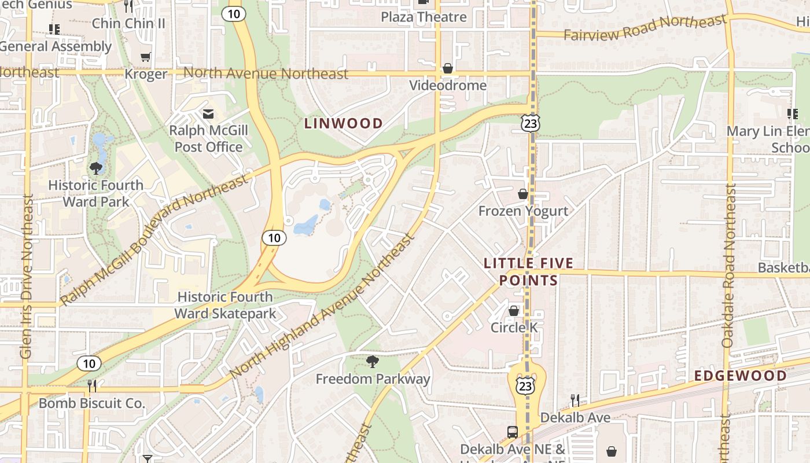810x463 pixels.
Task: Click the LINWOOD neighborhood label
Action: (x=344, y=123)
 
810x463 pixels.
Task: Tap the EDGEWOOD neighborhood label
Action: (x=741, y=376)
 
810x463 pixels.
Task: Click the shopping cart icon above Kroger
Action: (x=145, y=57)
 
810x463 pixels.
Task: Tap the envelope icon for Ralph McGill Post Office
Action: (x=208, y=114)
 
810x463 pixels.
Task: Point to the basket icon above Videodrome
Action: (x=447, y=69)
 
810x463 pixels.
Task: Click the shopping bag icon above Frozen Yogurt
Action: (x=523, y=194)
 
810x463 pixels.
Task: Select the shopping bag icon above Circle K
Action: (x=513, y=311)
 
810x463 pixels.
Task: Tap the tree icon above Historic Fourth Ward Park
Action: (x=96, y=168)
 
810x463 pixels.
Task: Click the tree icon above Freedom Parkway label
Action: (x=373, y=362)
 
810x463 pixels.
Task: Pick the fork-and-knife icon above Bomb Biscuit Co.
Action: (x=91, y=385)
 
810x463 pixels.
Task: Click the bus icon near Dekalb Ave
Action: (x=512, y=432)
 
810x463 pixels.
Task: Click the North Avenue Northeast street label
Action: (x=266, y=74)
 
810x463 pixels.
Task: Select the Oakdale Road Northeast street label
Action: (x=730, y=266)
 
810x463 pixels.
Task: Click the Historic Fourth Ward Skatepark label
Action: (x=225, y=305)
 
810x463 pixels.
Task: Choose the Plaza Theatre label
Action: (x=424, y=17)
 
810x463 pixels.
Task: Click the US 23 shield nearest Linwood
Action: (x=530, y=122)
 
